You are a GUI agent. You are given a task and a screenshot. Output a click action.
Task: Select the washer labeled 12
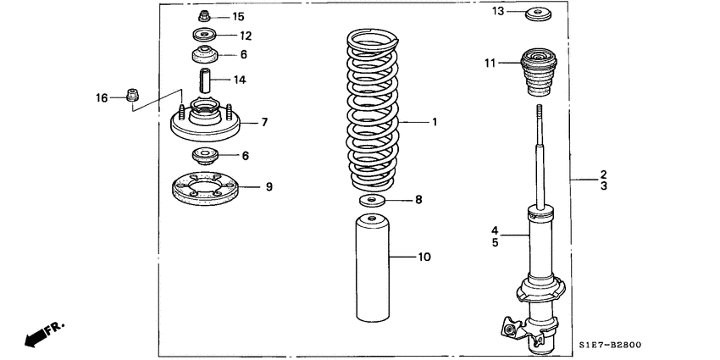(204, 36)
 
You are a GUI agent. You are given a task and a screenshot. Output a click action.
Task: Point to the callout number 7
(264, 122)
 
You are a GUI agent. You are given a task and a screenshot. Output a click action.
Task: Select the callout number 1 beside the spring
(435, 122)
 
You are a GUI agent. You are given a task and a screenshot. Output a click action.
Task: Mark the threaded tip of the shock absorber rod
(538, 113)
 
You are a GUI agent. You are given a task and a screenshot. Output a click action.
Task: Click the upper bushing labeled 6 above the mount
(204, 58)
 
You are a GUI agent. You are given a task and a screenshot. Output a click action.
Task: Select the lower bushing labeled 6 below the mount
(204, 156)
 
